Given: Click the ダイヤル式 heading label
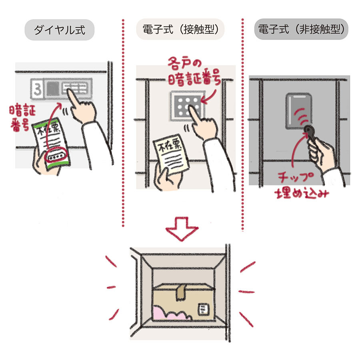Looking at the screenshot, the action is pyautogui.click(x=60, y=30).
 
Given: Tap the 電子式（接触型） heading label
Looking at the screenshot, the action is pyautogui.click(x=180, y=29).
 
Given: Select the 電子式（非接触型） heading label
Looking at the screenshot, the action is pyautogui.click(x=301, y=29).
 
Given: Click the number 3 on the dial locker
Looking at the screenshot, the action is pyautogui.click(x=37, y=90).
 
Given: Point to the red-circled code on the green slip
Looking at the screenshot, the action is pyautogui.click(x=56, y=156).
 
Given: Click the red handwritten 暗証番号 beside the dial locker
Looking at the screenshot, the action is pyautogui.click(x=22, y=118).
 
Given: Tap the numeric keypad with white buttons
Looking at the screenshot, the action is pyautogui.click(x=187, y=106).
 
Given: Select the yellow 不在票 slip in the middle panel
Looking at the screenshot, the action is pyautogui.click(x=171, y=154).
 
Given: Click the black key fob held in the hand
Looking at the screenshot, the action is pyautogui.click(x=310, y=133).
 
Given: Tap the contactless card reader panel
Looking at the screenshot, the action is pyautogui.click(x=298, y=111).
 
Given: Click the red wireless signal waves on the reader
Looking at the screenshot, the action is pyautogui.click(x=301, y=116).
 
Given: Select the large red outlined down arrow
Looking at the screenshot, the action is pyautogui.click(x=182, y=229).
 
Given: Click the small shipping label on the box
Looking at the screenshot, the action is pyautogui.click(x=204, y=309).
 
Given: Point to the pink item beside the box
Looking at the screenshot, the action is pyautogui.click(x=170, y=313).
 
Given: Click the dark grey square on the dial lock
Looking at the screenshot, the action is pyautogui.click(x=52, y=89).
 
